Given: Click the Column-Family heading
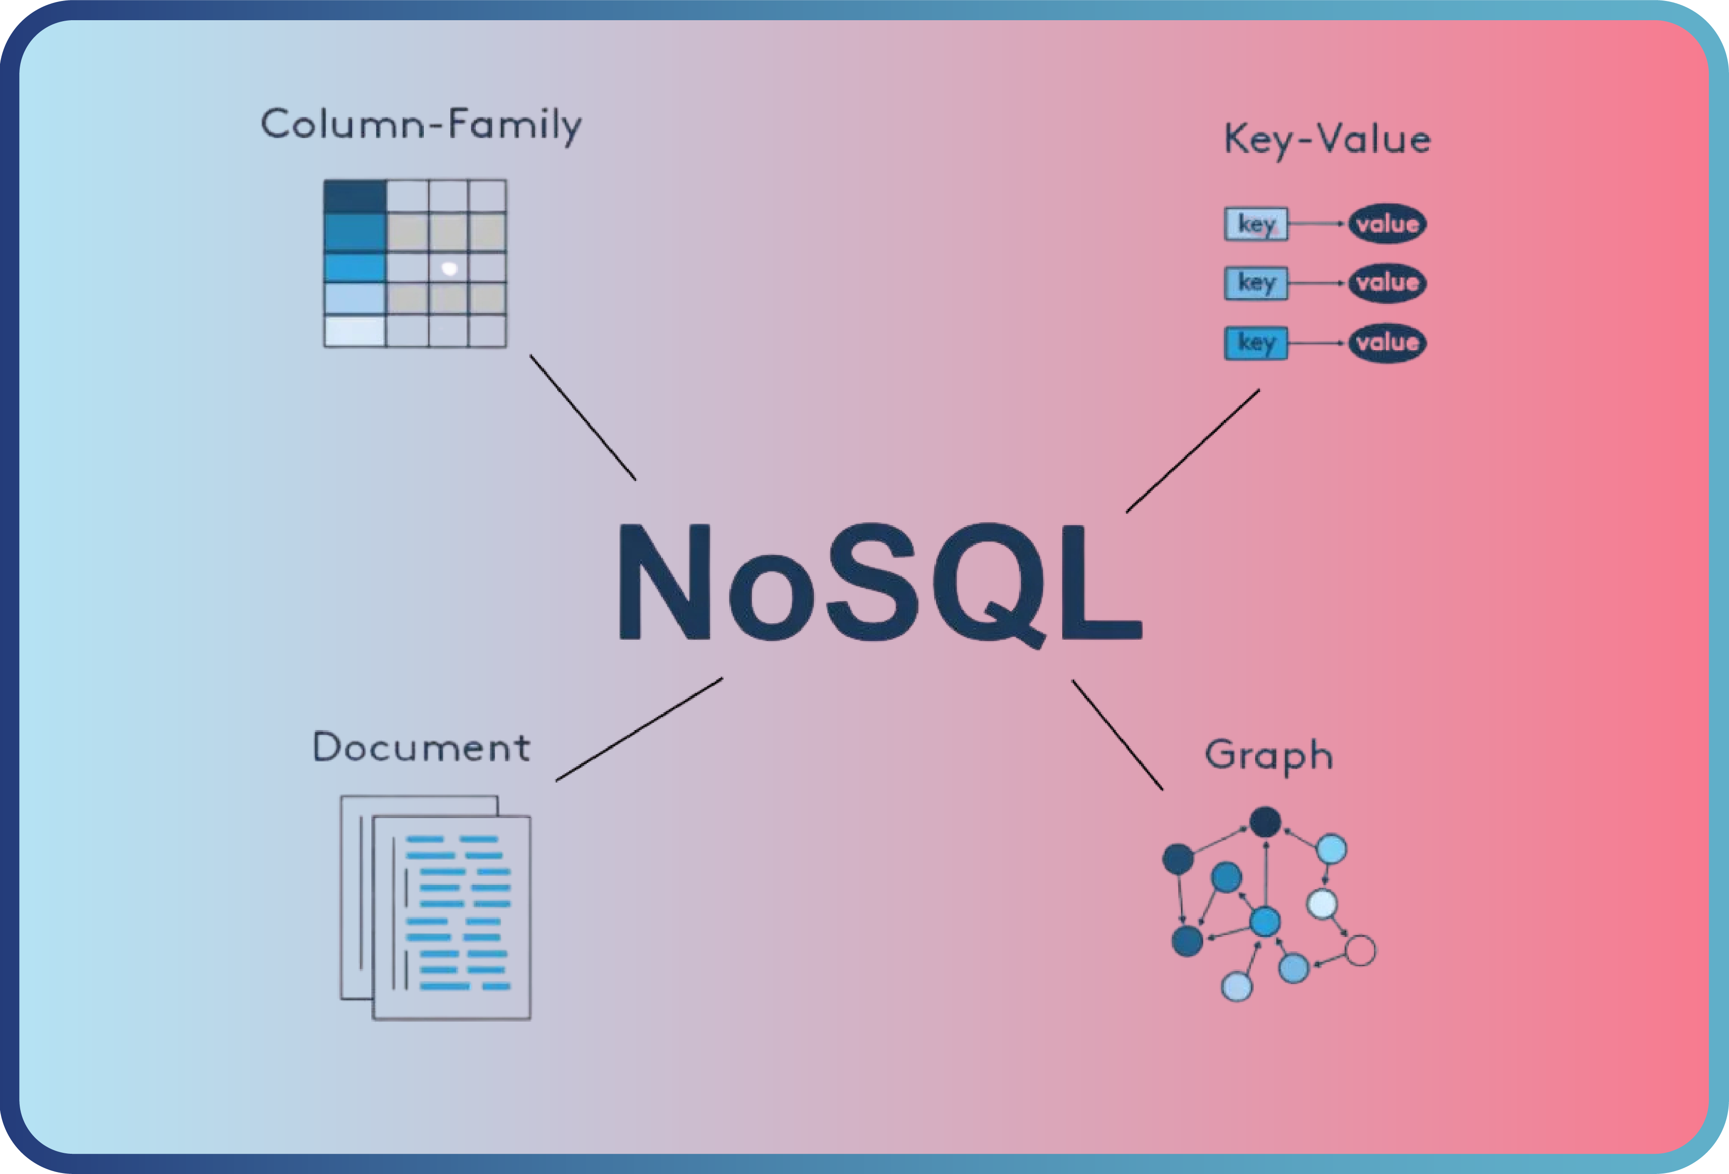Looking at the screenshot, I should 420,125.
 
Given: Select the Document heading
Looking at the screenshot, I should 421,748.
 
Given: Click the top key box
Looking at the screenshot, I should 1256,224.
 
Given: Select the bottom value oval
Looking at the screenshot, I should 1387,343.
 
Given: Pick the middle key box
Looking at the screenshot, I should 1256,283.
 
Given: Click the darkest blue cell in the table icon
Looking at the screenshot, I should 355,196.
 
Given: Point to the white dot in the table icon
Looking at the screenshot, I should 449,268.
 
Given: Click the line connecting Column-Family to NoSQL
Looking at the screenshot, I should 583,417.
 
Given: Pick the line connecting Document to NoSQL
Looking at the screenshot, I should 639,729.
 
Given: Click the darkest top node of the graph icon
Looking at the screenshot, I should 1265,822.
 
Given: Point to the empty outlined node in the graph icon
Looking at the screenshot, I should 1360,950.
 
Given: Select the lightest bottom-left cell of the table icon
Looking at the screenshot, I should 355,331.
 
